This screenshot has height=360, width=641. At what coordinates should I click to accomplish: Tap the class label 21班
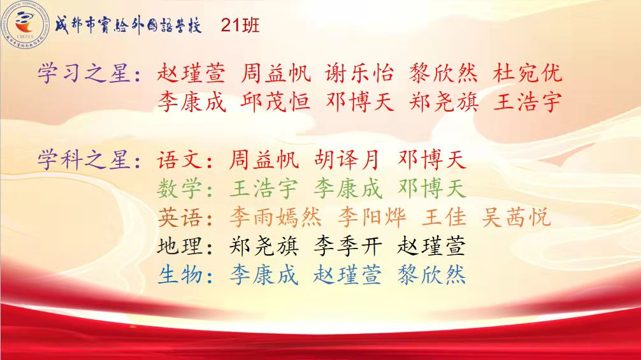pos(240,25)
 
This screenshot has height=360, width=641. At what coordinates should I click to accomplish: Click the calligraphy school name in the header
pos(128,25)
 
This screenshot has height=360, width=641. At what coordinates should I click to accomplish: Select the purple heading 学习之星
pos(84,73)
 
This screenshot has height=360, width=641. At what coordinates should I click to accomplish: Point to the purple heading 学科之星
pos(84,159)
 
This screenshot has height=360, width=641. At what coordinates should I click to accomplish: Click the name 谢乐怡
pos(359,73)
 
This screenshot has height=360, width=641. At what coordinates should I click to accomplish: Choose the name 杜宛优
pos(528,73)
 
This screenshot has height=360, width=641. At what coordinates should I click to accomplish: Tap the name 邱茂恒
pos(275,102)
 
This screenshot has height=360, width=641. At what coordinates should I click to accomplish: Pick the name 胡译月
pos(347,159)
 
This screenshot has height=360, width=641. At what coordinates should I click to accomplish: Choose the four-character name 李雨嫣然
pos(275,217)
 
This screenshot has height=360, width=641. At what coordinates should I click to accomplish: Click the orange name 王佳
pos(444,217)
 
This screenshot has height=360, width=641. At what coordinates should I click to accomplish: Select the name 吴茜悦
pos(516,217)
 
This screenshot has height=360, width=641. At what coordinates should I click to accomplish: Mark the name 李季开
pos(348,246)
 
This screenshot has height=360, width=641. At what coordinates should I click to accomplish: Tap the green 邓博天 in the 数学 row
pos(432,189)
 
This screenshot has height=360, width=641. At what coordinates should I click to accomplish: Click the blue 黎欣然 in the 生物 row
pos(432,275)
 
